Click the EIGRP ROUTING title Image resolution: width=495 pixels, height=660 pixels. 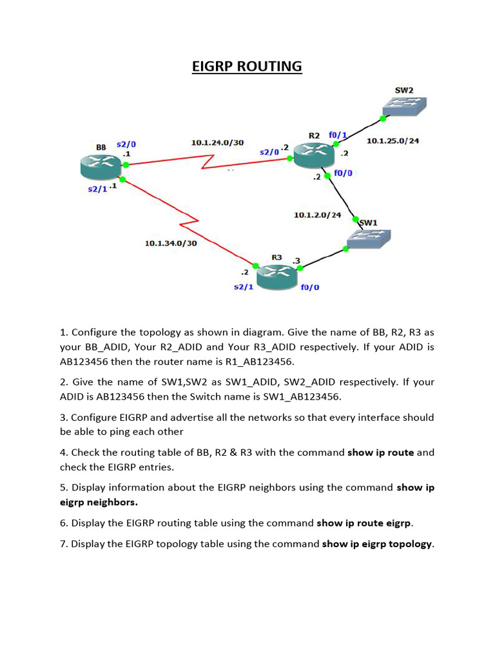pyautogui.click(x=247, y=66)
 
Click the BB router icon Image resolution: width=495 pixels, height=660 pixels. pyautogui.click(x=101, y=166)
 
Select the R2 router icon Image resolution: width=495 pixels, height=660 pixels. pyautogui.click(x=314, y=156)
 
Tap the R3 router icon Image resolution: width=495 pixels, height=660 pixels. pyautogui.click(x=277, y=277)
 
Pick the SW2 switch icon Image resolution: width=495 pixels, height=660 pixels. pyautogui.click(x=405, y=106)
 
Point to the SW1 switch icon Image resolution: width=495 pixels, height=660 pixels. pyautogui.click(x=369, y=238)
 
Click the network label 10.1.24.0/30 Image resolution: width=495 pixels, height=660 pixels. pyautogui.click(x=218, y=142)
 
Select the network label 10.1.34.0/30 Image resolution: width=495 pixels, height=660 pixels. pyautogui.click(x=171, y=243)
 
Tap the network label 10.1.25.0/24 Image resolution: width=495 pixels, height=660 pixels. pyautogui.click(x=393, y=141)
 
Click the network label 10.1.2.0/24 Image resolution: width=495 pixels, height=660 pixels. pyautogui.click(x=317, y=215)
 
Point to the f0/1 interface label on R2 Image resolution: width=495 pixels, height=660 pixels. pyautogui.click(x=338, y=135)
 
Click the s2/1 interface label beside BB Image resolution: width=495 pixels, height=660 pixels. pyautogui.click(x=97, y=189)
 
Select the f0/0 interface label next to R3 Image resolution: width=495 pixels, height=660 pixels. pyautogui.click(x=310, y=287)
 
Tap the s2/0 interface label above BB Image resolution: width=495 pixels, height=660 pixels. pyautogui.click(x=126, y=144)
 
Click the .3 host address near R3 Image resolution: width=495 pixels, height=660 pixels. pyautogui.click(x=296, y=260)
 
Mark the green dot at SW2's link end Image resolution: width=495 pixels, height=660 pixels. pyautogui.click(x=383, y=119)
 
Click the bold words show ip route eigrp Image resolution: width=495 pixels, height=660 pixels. pyautogui.click(x=364, y=523)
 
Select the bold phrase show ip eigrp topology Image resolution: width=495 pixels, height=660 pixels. pyautogui.click(x=377, y=544)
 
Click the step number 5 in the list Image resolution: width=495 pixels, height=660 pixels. pyautogui.click(x=63, y=487)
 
